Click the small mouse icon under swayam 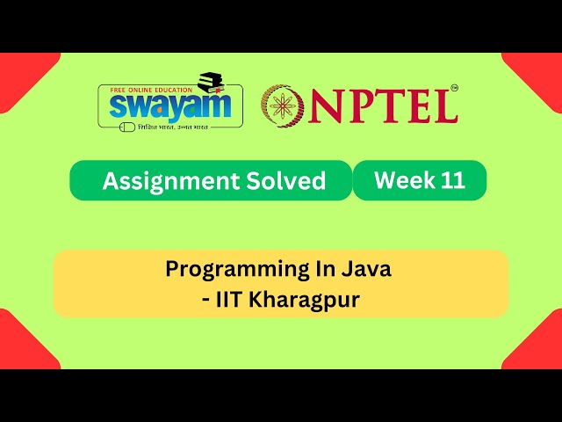[x=126, y=127]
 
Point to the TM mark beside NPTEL [x=454, y=89]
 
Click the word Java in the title [x=368, y=269]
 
